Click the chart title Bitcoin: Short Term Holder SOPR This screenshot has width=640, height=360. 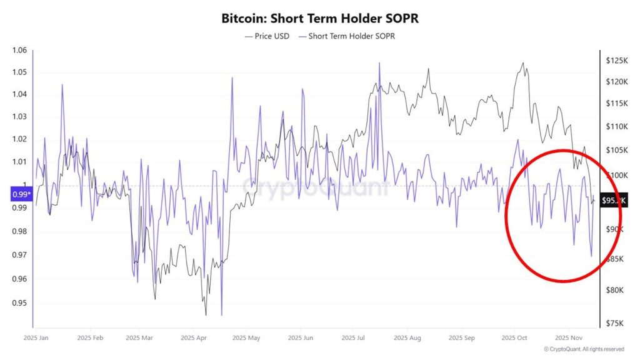320,18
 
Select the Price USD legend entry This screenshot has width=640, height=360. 267,36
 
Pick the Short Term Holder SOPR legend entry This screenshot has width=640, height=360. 347,36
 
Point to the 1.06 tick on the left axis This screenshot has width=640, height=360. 20,51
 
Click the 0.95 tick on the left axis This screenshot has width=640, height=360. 20,303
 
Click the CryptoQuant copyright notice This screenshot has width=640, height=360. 584,349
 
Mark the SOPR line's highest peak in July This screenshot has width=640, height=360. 379,62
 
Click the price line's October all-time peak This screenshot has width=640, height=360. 522,62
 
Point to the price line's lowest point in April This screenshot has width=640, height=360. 205,315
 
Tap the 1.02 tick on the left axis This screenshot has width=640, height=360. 20,139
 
